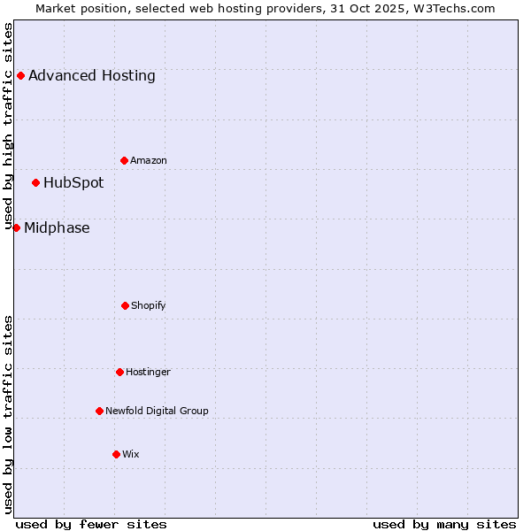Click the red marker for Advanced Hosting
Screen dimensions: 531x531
[20, 75]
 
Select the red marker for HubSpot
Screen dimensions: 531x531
[35, 182]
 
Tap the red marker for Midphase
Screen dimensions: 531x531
[16, 227]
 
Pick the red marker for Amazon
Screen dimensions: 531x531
[124, 160]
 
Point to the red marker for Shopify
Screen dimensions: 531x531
[125, 305]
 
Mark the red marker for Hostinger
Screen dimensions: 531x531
[119, 372]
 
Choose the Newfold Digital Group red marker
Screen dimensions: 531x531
[99, 411]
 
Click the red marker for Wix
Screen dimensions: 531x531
[116, 454]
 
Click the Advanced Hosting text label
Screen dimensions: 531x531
[92, 75]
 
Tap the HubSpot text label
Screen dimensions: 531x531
[73, 182]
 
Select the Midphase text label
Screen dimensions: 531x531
[57, 227]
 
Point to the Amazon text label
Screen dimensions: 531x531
[149, 160]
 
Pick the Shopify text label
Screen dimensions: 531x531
[149, 305]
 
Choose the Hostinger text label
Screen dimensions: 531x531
[148, 372]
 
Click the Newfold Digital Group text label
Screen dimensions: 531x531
[157, 411]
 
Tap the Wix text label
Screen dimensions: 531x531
[131, 454]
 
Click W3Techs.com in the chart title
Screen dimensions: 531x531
[451, 8]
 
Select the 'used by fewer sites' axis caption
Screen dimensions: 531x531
[91, 524]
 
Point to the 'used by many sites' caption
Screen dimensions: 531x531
[444, 524]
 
